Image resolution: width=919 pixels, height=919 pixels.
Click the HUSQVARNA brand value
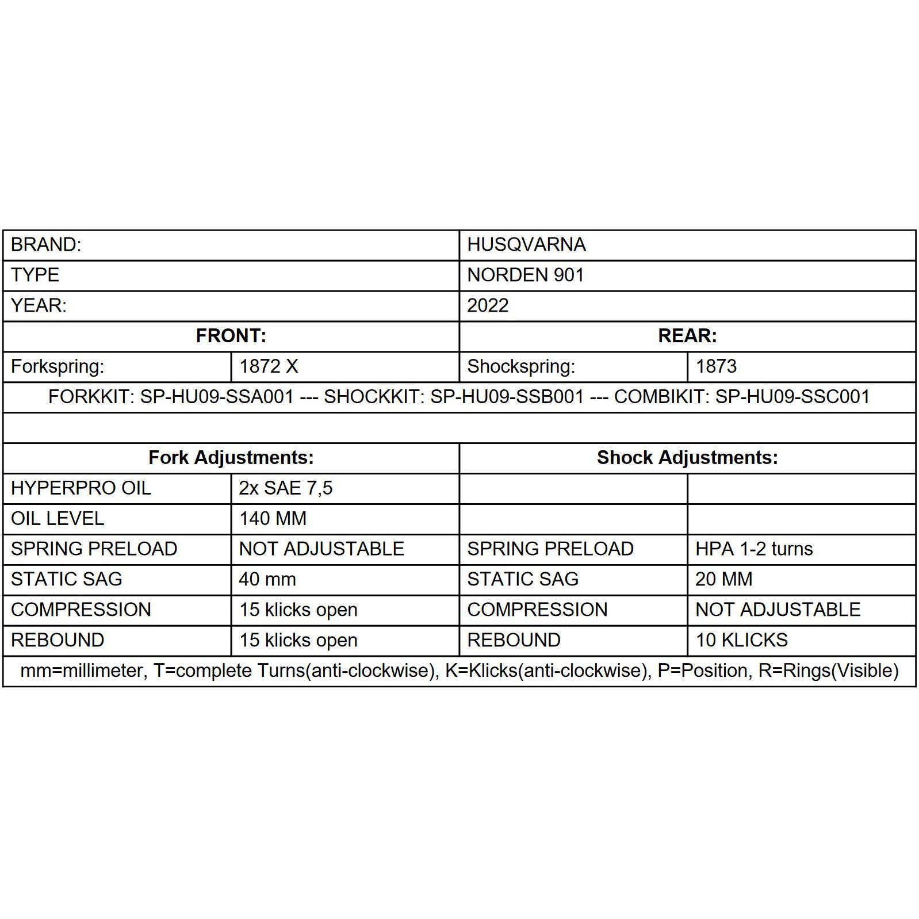point(526,245)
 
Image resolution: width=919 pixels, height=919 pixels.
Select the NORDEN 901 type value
point(525,275)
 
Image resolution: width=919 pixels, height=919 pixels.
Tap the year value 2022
point(488,306)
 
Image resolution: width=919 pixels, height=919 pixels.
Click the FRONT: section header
point(231,336)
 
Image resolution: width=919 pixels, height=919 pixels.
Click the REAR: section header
point(687,336)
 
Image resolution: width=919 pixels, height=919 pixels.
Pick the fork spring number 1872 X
point(269,366)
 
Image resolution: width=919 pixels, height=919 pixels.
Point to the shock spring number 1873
point(716,366)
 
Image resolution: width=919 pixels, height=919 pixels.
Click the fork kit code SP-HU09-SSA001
point(217,397)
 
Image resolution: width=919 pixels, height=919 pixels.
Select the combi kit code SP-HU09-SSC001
point(792,397)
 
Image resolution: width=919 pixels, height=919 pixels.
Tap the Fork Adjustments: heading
point(231,458)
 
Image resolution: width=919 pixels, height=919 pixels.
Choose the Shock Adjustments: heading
point(687,458)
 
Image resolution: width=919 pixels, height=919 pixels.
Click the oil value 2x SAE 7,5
point(286,488)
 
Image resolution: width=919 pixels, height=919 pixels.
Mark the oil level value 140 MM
point(273,519)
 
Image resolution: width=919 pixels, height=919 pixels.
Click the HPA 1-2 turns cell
point(754,549)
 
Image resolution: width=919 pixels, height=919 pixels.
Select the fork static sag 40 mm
point(267,579)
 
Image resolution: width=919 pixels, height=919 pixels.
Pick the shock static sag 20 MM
point(723,579)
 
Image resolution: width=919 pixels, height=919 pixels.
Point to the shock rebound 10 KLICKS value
point(741,640)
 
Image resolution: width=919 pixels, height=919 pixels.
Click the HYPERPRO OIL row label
point(81,488)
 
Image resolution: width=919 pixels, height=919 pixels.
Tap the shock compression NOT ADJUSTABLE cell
point(778,610)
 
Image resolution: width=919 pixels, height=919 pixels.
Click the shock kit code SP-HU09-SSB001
point(507,397)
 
